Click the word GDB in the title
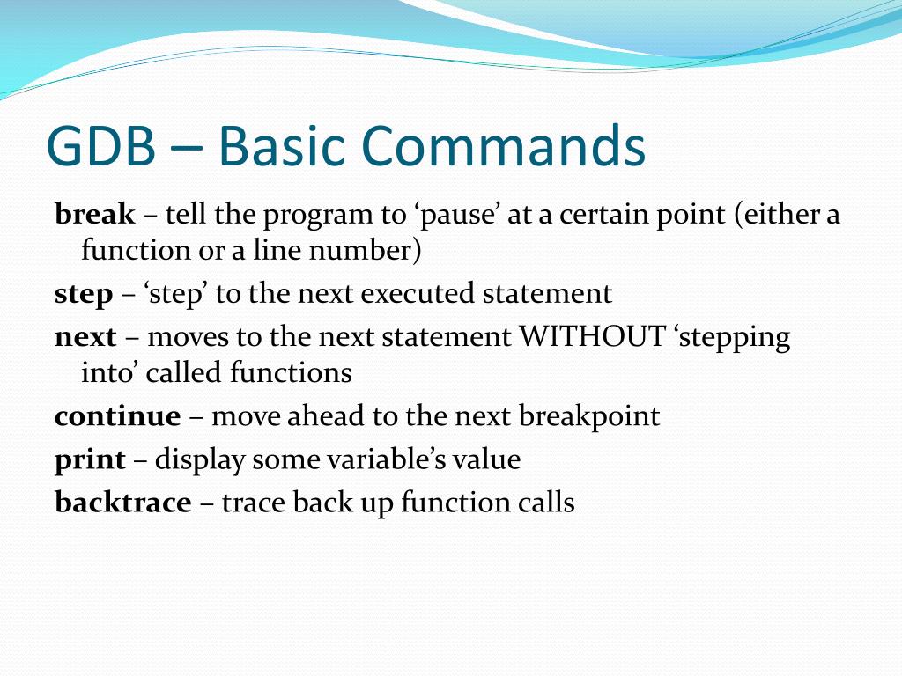pos(101,145)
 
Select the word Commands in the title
pos(504,145)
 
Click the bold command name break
pos(95,214)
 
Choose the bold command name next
pos(85,337)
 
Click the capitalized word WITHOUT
pos(593,336)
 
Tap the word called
pos(184,372)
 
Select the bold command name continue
pos(117,415)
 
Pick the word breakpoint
pos(589,416)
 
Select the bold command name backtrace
pos(123,501)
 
